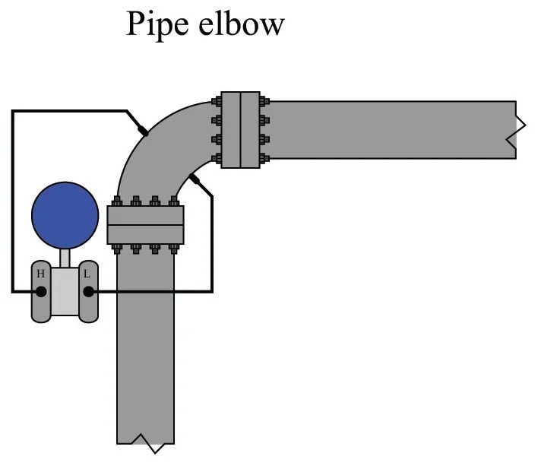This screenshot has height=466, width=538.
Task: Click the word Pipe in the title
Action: click(155, 25)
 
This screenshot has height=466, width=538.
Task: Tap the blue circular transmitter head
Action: click(65, 216)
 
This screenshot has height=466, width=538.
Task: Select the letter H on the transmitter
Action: click(40, 273)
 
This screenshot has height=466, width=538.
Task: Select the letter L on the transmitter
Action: click(88, 273)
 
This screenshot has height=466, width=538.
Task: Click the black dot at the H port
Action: click(41, 291)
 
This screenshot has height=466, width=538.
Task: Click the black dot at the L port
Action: click(88, 291)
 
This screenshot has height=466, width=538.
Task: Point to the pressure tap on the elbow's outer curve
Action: click(143, 131)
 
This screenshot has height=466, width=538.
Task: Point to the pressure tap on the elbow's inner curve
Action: click(195, 179)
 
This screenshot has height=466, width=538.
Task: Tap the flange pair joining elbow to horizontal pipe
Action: click(240, 130)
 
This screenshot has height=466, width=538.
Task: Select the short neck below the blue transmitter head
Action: click(65, 258)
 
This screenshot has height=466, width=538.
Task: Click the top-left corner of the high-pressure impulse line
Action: click(12, 111)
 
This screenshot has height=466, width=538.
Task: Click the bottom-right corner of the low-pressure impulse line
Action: click(212, 291)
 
